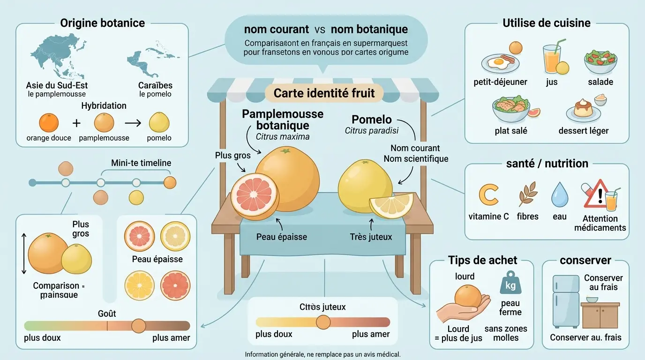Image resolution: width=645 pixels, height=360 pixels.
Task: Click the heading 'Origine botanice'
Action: click(x=102, y=23)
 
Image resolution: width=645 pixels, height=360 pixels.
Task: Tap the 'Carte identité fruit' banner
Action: click(x=324, y=93)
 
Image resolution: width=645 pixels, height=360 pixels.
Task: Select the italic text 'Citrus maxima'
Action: click(x=283, y=137)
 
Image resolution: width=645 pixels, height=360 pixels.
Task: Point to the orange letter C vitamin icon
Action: click(x=488, y=195)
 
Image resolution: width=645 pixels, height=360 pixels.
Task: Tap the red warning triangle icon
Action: click(x=596, y=195)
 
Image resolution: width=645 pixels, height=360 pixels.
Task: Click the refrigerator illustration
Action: click(x=565, y=301)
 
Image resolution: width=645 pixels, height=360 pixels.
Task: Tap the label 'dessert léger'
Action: click(x=583, y=131)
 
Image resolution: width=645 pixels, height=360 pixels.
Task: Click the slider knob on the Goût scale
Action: click(x=138, y=325)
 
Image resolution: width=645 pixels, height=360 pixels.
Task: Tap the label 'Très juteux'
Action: click(x=371, y=237)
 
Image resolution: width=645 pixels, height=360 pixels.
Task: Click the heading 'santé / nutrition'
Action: click(x=547, y=164)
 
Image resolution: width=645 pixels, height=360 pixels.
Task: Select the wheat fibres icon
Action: click(x=527, y=195)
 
